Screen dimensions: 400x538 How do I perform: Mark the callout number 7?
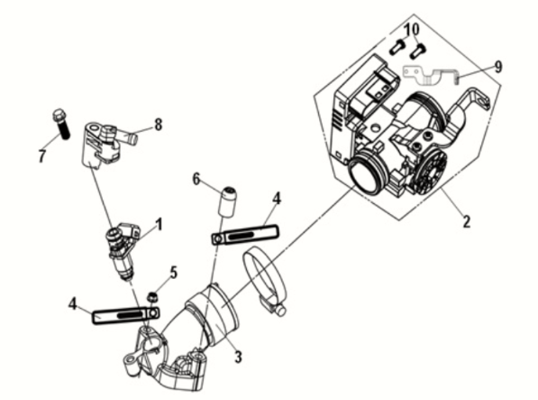click(42, 156)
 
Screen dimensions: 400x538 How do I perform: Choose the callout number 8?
click(158, 125)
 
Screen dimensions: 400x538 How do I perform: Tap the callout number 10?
click(412, 30)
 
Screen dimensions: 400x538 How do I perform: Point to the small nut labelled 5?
click(154, 296)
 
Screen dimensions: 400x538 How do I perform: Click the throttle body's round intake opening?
click(366, 174)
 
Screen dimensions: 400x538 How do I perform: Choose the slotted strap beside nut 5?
click(122, 313)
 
